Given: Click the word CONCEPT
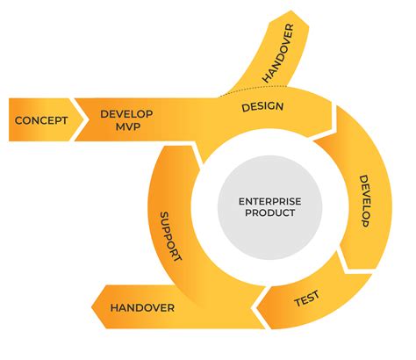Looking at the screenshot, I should click(x=42, y=120).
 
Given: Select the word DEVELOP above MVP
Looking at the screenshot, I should click(x=127, y=114).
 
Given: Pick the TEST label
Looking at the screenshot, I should click(x=305, y=300).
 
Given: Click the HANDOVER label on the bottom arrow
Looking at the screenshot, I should click(x=143, y=308).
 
